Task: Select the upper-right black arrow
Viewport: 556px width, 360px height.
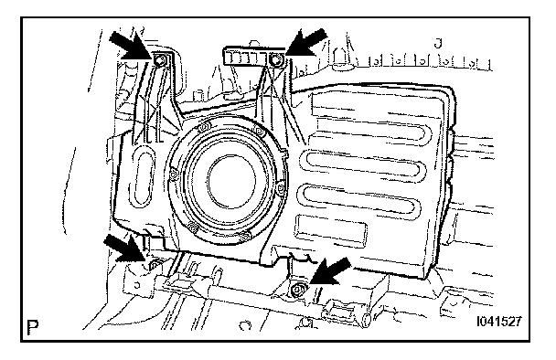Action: [305, 42]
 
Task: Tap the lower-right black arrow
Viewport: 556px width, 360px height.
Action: [329, 271]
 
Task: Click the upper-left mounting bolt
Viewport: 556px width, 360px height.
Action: [159, 61]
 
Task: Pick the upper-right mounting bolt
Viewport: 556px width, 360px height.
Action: [275, 61]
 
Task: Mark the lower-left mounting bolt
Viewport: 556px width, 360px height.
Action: [155, 265]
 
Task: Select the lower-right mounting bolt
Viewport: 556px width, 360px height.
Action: [296, 291]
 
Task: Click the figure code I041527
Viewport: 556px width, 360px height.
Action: [499, 322]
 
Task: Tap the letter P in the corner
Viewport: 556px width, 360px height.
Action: [33, 327]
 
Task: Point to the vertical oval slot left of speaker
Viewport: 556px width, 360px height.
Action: [142, 175]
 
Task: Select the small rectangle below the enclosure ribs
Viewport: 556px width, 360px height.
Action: [330, 228]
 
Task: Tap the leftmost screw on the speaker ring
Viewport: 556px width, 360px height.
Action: [174, 175]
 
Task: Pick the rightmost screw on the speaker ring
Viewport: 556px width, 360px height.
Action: [280, 188]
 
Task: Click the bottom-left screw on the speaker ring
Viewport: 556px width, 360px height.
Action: [192, 228]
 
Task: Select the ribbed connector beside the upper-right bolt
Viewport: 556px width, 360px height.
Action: [245, 57]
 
